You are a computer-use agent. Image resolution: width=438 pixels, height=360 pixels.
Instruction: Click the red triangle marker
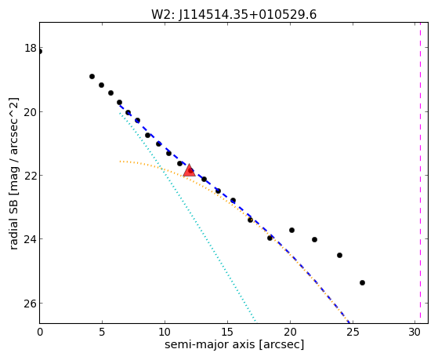tap(189, 171)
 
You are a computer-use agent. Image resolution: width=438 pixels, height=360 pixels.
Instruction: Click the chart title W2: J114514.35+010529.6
tap(233, 15)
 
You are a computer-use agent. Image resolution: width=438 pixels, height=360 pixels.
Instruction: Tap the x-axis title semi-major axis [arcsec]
tap(234, 344)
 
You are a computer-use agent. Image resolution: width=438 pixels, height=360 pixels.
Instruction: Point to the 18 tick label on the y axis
tap(31, 48)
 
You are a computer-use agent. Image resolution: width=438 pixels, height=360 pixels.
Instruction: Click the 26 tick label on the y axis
tap(31, 304)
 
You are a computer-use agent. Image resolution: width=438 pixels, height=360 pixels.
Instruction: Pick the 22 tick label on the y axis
tap(31, 176)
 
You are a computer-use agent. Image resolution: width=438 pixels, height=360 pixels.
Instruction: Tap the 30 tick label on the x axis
tap(414, 332)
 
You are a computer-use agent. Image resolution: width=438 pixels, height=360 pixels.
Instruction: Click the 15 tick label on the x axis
tap(227, 332)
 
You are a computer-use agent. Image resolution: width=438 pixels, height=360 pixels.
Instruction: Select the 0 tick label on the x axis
tap(40, 332)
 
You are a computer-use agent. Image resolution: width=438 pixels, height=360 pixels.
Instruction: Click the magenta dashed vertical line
tap(420, 173)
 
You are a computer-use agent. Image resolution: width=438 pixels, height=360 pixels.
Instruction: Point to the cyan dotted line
tap(187, 216)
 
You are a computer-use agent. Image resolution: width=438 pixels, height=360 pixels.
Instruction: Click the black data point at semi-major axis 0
tap(40, 52)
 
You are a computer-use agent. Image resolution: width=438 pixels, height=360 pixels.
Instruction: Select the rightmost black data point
tap(362, 283)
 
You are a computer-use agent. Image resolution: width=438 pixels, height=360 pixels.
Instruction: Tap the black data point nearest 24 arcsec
tap(340, 255)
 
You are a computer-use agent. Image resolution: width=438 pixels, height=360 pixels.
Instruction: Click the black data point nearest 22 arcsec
tap(314, 239)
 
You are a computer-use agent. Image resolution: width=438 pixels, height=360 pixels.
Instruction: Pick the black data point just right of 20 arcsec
tap(292, 231)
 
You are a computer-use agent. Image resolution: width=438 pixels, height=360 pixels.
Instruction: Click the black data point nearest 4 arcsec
tap(92, 76)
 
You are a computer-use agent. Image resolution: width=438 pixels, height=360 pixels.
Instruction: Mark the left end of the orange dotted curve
tap(120, 162)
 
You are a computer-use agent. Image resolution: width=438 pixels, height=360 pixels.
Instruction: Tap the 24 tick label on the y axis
tap(31, 239)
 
